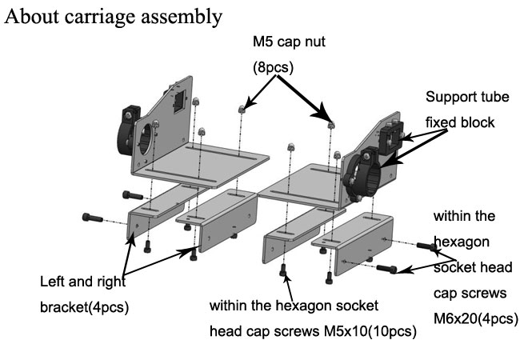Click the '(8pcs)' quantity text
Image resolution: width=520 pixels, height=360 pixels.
(x=273, y=68)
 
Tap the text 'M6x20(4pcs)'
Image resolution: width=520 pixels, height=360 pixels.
(x=475, y=318)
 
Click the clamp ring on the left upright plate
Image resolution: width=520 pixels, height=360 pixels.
(x=133, y=133)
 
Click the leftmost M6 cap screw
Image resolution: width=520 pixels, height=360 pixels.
(x=94, y=216)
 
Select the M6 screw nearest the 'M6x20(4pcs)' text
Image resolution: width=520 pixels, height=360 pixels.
(x=387, y=270)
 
